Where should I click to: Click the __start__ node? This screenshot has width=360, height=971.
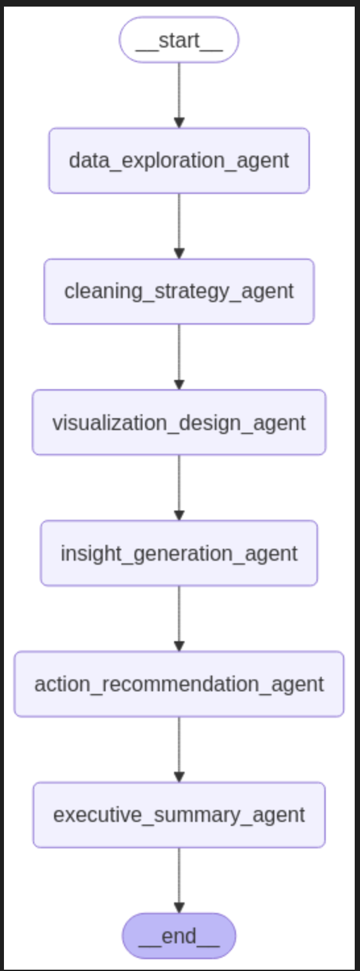[179, 40]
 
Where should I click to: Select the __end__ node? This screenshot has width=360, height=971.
[179, 935]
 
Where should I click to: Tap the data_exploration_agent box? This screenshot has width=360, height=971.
[179, 160]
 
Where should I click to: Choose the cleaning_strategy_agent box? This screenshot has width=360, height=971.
[179, 291]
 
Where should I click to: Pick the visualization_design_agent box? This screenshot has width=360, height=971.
[179, 422]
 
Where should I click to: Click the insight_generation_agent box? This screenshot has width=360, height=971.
[179, 553]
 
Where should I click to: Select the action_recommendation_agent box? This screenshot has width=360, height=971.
[179, 683]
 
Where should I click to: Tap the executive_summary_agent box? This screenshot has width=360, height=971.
[179, 815]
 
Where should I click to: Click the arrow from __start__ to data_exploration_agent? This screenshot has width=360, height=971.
[179, 92]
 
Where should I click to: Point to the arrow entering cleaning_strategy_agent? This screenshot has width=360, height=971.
[179, 224]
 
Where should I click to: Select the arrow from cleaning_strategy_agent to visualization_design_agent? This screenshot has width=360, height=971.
[179, 355]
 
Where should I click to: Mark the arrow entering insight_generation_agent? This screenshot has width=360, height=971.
[179, 486]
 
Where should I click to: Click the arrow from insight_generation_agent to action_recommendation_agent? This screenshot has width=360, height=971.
[179, 617]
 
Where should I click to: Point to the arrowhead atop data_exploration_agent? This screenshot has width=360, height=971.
[179, 123]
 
